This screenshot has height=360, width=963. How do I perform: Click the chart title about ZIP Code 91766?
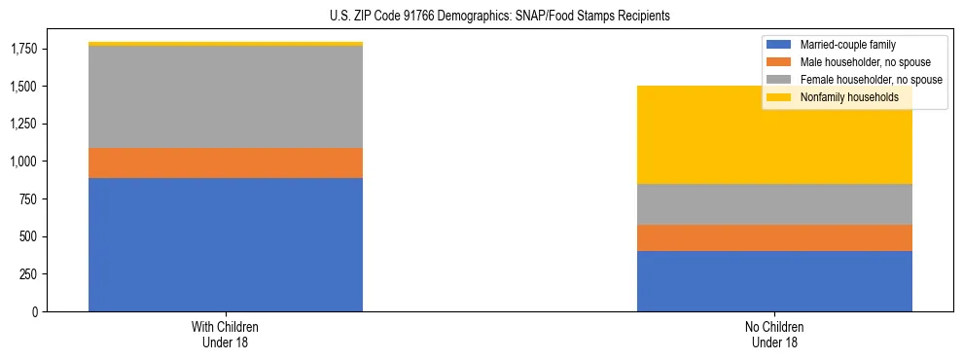pyautogui.click(x=500, y=17)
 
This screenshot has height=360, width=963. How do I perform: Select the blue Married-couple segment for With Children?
pyautogui.click(x=226, y=244)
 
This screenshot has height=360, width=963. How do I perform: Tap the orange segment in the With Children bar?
pyautogui.click(x=226, y=162)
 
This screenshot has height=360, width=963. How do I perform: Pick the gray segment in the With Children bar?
pyautogui.click(x=226, y=96)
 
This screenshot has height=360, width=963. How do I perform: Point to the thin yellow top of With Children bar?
pyautogui.click(x=226, y=44)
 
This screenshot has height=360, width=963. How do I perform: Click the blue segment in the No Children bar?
pyautogui.click(x=774, y=281)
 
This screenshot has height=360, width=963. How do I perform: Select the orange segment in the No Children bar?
pyautogui.click(x=774, y=237)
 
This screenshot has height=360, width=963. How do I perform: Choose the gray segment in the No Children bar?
pyautogui.click(x=774, y=204)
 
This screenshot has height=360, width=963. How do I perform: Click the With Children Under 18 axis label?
pyautogui.click(x=226, y=334)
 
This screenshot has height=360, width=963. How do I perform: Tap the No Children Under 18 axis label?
pyautogui.click(x=774, y=334)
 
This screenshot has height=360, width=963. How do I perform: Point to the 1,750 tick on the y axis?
pyautogui.click(x=23, y=49)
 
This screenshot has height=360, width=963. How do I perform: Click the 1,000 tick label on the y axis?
pyautogui.click(x=23, y=162)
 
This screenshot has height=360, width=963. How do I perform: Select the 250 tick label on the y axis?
pyautogui.click(x=29, y=274)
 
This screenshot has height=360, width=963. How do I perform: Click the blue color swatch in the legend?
pyautogui.click(x=779, y=45)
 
